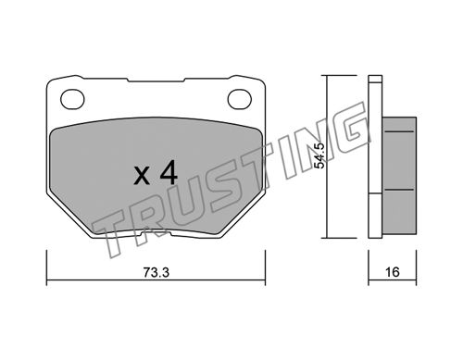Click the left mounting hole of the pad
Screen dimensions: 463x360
pyautogui.click(x=72, y=99)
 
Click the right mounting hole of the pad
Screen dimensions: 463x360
pyautogui.click(x=240, y=99)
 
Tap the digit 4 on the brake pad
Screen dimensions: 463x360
pyautogui.click(x=169, y=173)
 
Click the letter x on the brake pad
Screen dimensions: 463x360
pyautogui.click(x=142, y=177)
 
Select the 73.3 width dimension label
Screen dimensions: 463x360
pyautogui.click(x=156, y=272)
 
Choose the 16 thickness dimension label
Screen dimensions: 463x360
pyautogui.click(x=393, y=272)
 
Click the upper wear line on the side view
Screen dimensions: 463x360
pyautogui.click(x=400, y=131)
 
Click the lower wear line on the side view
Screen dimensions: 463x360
pyautogui.click(x=400, y=190)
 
